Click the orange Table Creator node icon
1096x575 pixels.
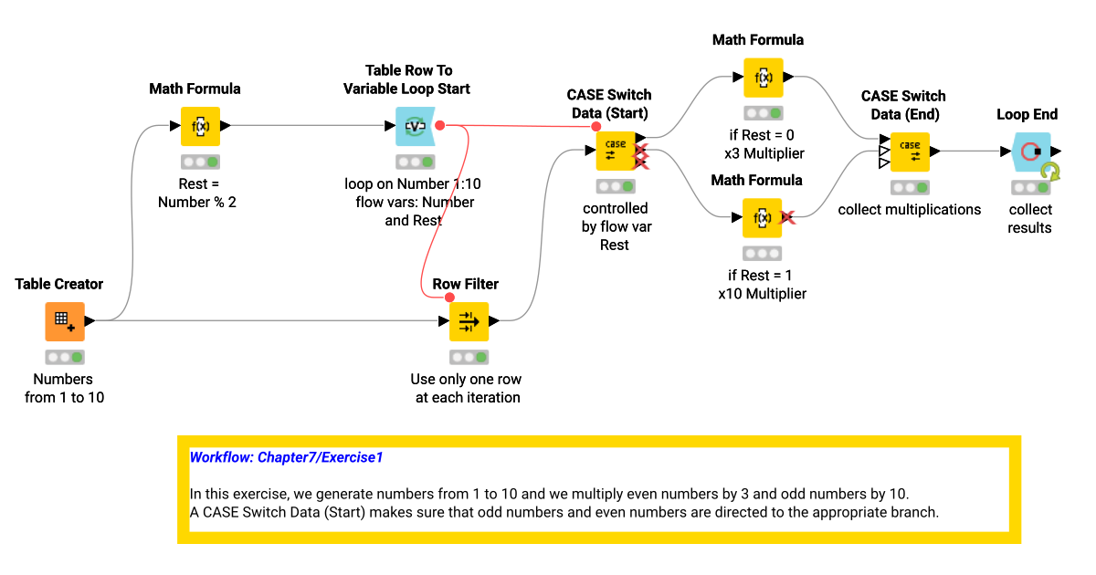[x=65, y=321]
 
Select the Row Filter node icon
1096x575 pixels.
[x=469, y=321]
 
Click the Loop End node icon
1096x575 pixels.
[x=1030, y=152]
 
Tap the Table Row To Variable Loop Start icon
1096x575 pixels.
[x=415, y=126]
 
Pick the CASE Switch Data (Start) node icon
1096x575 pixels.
[x=616, y=151]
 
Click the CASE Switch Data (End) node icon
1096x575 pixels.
[x=910, y=152]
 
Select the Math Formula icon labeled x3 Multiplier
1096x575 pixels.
[x=763, y=78]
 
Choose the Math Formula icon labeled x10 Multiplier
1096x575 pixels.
[x=762, y=217]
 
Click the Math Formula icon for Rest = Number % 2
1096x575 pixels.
[x=200, y=126]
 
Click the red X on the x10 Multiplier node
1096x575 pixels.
[x=786, y=217]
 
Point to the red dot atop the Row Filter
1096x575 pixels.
[x=449, y=298]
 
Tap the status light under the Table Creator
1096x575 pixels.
[x=65, y=357]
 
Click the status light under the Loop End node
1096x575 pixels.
[x=1030, y=187]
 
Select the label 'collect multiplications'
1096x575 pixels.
[x=910, y=210]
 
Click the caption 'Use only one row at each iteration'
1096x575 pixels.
[x=467, y=388]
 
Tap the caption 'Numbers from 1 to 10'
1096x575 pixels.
[x=64, y=388]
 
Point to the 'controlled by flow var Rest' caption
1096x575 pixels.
[x=615, y=226]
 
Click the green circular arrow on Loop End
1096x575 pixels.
[x=1050, y=172]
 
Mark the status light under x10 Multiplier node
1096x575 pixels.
[x=762, y=253]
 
